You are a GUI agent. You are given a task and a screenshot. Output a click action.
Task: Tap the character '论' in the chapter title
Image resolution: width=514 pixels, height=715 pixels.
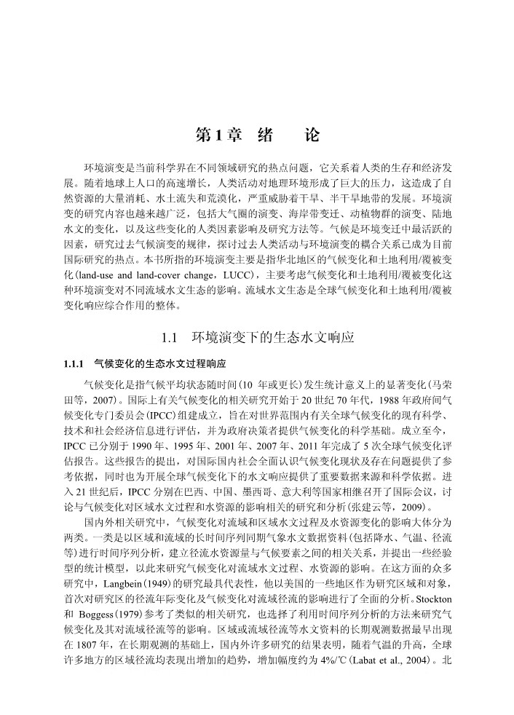click(312, 135)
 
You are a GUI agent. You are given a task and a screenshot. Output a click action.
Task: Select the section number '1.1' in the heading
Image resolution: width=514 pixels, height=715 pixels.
click(168, 338)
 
